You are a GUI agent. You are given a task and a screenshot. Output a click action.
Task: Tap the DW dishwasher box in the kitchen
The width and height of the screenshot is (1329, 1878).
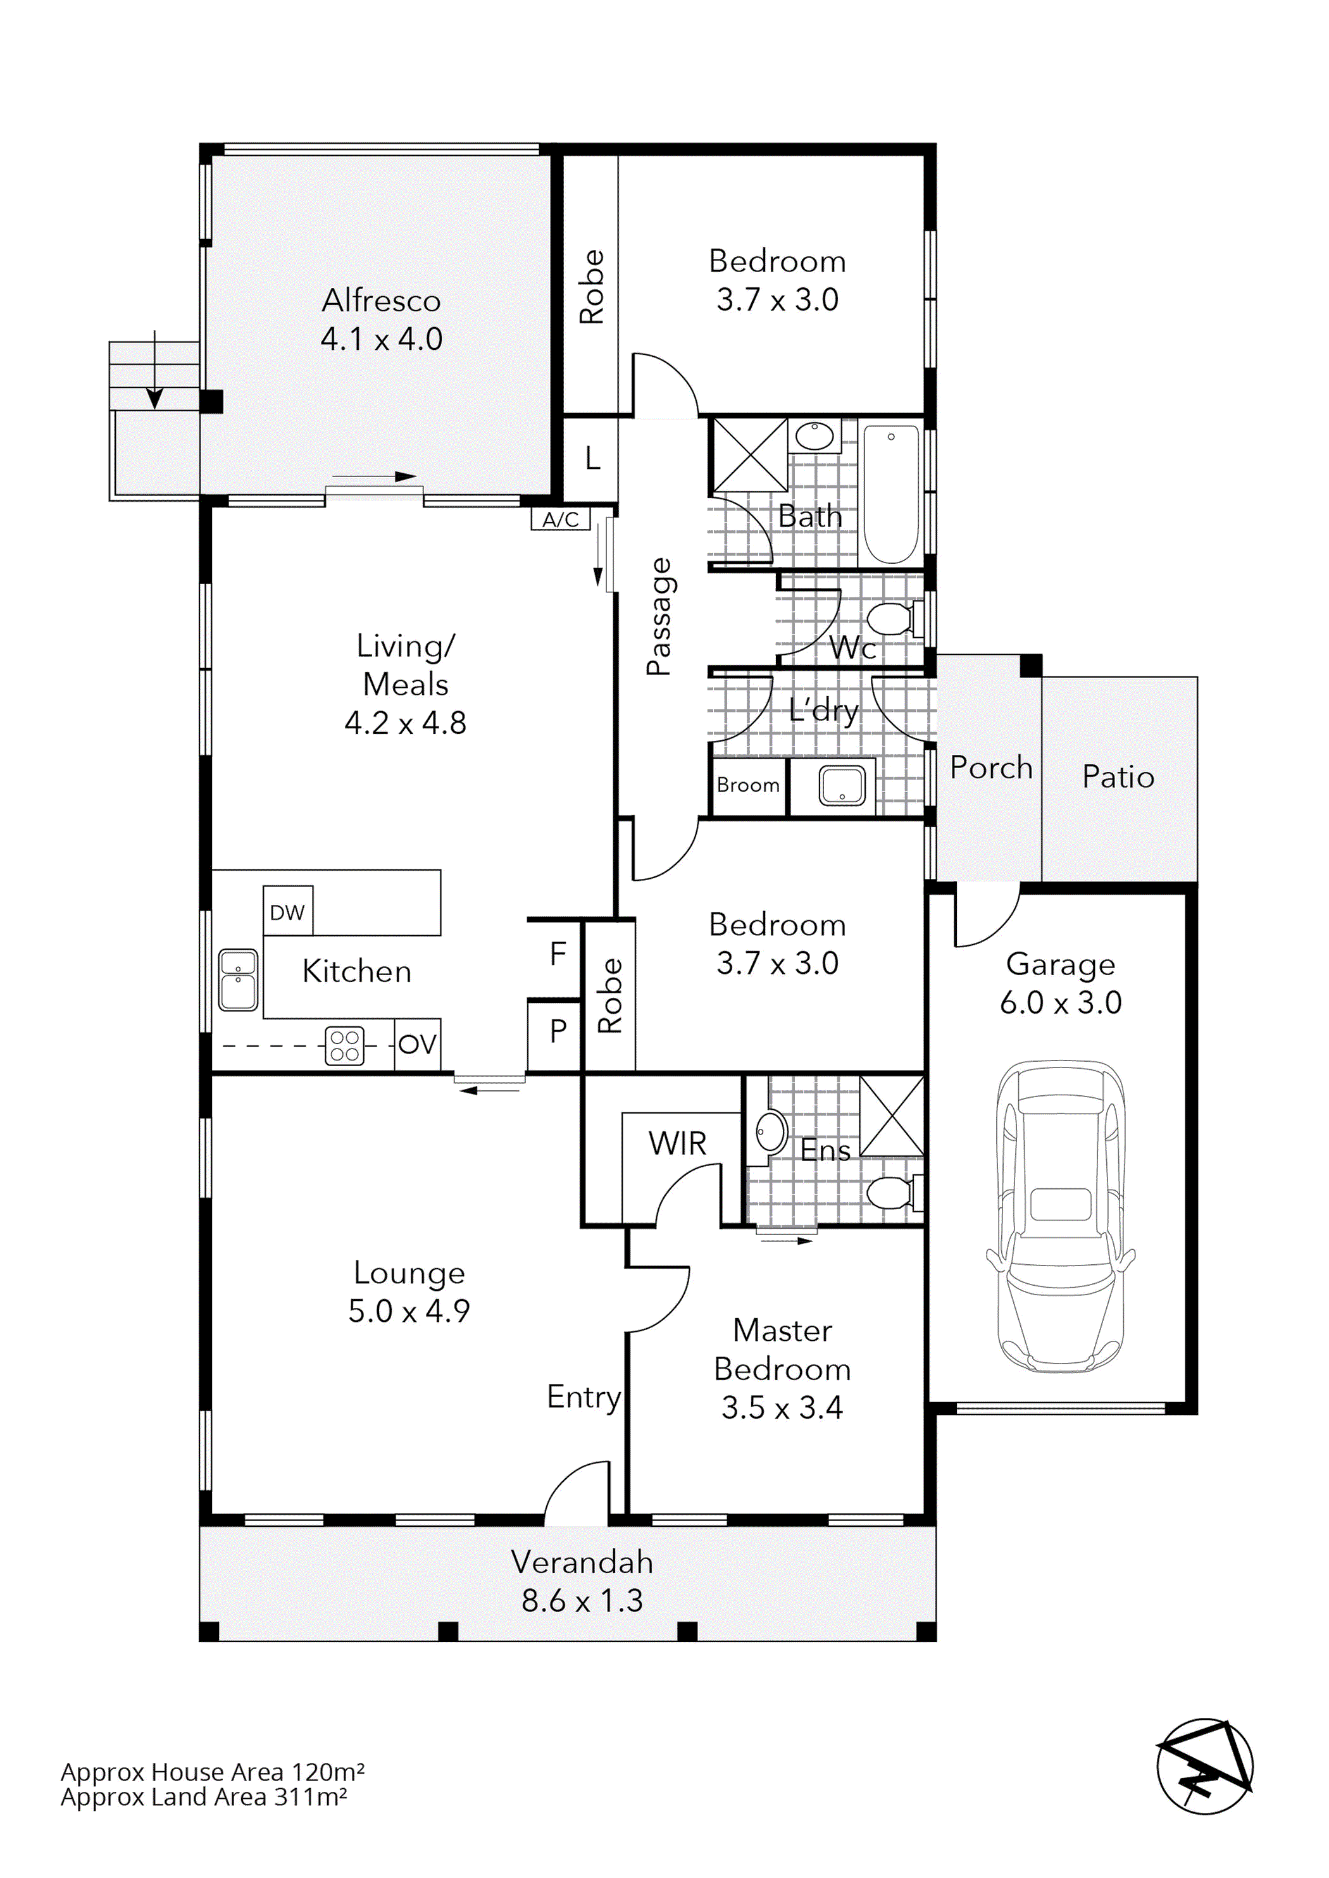287,912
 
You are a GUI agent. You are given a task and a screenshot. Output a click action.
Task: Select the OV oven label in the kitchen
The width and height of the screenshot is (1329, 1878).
417,1044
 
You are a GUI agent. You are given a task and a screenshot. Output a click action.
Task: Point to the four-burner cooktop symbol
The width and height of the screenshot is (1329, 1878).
344,1046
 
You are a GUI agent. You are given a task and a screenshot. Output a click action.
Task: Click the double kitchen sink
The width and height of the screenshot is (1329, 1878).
238,979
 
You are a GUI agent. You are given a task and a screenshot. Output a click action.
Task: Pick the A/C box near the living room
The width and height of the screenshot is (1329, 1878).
561,519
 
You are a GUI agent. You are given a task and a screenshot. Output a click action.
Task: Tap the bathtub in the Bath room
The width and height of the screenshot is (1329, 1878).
891,494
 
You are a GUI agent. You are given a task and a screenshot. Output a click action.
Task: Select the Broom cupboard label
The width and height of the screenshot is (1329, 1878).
748,786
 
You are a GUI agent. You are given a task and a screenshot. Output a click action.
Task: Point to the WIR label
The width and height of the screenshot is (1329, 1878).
678,1143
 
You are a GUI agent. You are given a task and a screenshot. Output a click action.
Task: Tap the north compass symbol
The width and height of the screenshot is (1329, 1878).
1204,1766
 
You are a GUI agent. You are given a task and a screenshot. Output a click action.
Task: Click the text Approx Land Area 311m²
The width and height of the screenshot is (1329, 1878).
204,1797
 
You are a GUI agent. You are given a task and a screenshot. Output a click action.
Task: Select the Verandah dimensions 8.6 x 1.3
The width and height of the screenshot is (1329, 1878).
582,1601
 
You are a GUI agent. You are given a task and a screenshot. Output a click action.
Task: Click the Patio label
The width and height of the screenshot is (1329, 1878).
1118,776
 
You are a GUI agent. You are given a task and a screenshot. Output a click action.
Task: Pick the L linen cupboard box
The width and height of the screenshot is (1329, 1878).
592,458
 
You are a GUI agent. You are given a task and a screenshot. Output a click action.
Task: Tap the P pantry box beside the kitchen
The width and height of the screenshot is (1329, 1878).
558,1031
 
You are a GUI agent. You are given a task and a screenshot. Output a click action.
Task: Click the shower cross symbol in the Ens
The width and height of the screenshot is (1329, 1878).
891,1116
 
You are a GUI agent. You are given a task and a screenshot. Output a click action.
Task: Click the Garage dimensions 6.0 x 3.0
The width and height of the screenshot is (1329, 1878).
1060,1002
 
